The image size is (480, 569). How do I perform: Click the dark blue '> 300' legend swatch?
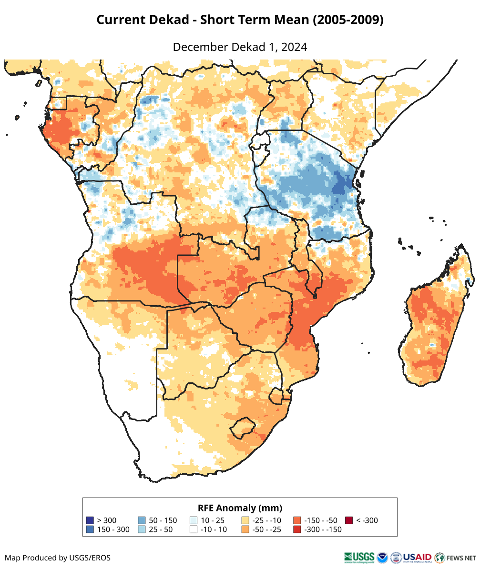90,520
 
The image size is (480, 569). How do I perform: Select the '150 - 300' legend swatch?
90,529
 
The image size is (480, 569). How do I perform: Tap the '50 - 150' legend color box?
142,520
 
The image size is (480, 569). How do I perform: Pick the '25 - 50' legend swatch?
142,529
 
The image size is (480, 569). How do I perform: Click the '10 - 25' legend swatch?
194,520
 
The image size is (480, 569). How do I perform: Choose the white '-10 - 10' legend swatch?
194,529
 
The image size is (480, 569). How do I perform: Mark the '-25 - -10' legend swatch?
245,520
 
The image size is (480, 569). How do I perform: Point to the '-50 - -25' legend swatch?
245,529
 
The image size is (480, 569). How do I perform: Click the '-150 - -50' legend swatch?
297,520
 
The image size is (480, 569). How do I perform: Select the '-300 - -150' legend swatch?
297,529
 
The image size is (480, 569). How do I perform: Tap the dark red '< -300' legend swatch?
349,520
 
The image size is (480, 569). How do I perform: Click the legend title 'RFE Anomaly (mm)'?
240,508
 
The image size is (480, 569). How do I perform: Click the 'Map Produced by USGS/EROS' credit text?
58,558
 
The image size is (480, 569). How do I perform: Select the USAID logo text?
418,557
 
